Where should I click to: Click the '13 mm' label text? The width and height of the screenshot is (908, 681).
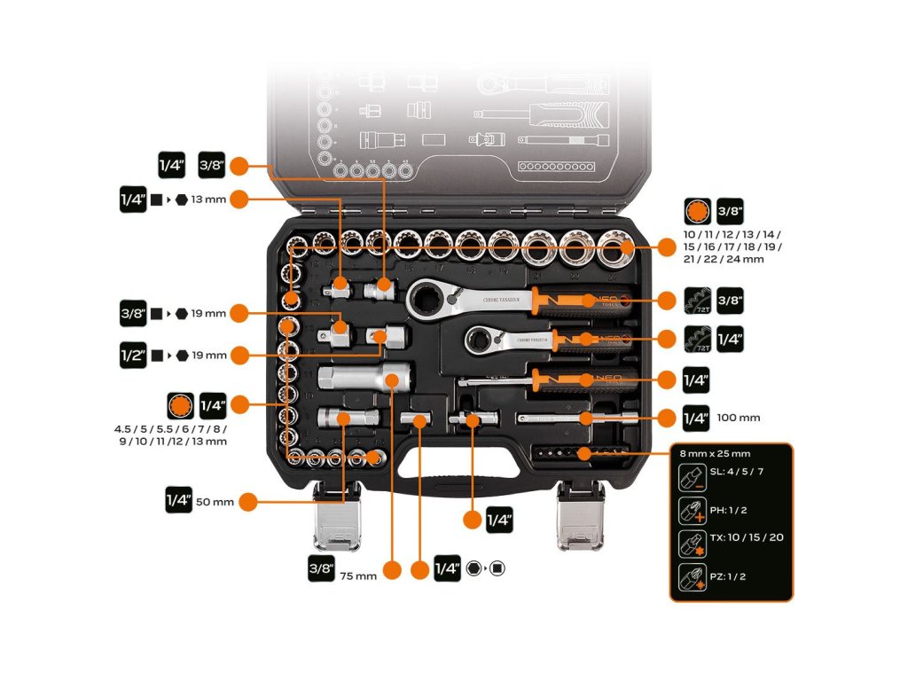[x=209, y=200]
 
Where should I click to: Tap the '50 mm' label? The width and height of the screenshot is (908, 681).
[x=215, y=502]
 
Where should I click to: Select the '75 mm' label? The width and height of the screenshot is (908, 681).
[x=358, y=575]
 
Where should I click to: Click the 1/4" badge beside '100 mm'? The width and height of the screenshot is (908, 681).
[x=696, y=418]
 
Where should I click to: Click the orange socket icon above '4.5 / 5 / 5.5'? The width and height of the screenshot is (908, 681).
[x=180, y=407]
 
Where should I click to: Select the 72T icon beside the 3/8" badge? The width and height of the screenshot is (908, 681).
[x=697, y=300]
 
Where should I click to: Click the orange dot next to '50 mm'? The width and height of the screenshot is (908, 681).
[x=248, y=502]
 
